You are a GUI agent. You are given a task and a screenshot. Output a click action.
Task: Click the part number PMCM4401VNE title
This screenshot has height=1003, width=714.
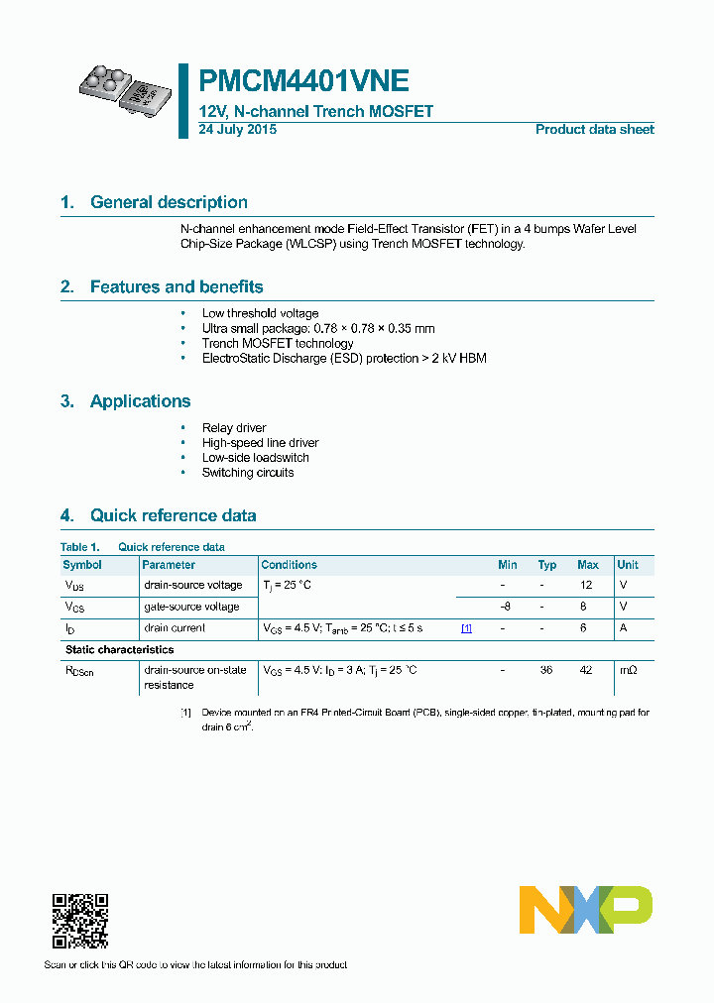pos(303,81)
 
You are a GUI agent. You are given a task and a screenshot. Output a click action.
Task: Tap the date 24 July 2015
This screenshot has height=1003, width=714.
pos(237,130)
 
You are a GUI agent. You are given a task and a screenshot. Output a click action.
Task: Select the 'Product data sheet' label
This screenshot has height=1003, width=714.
pos(594,130)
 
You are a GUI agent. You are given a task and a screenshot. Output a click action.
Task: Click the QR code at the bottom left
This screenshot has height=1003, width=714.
pos(79,921)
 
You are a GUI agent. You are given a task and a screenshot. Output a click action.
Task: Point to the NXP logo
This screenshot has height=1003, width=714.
pos(586,909)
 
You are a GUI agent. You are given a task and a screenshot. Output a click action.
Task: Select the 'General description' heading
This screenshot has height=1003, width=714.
pos(169,202)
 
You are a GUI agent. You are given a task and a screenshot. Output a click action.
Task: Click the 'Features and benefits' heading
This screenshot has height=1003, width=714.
pos(177,287)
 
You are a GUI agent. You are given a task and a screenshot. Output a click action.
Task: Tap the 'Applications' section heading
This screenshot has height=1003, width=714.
pos(140,401)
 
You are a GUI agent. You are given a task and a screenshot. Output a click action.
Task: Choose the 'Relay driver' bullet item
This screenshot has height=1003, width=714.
pos(234,428)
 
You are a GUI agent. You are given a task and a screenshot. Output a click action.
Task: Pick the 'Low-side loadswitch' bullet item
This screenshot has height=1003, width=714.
pos(255,458)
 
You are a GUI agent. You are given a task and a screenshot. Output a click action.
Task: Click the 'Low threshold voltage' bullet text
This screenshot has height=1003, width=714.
pos(260,313)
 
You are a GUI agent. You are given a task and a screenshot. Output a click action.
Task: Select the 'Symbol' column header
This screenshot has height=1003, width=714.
pos(82,565)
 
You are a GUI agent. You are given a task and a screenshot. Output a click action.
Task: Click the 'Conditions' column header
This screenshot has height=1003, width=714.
pos(289,565)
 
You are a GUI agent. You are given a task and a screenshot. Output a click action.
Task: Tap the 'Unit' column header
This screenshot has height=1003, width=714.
pos(628,565)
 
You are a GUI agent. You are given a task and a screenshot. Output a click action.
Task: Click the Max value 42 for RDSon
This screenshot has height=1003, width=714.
pos(586,671)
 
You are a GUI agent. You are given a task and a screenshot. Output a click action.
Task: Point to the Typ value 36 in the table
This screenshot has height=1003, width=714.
pos(545,671)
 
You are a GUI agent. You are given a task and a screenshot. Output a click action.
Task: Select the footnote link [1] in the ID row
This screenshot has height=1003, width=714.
pos(466,628)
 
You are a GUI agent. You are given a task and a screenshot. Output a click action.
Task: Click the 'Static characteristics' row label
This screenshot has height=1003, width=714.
pos(119,650)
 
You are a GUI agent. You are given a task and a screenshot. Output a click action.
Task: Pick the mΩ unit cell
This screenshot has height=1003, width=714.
pos(628,671)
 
